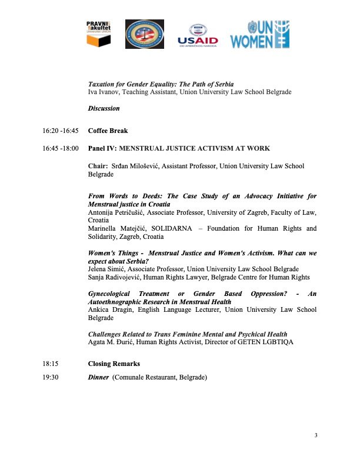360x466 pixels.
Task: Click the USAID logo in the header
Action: (x=198, y=35)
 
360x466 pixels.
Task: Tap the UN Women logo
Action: (x=259, y=34)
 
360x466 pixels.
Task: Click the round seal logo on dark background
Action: (x=145, y=34)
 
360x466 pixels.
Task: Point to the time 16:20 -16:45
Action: (x=61, y=131)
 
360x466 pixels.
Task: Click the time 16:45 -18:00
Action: (x=61, y=148)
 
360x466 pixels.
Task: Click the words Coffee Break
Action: (x=108, y=131)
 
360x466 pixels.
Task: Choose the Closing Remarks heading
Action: (x=115, y=364)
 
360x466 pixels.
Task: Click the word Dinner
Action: (x=98, y=377)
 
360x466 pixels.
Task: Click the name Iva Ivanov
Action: (x=104, y=92)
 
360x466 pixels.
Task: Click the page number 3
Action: (x=316, y=435)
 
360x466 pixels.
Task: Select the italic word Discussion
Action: (x=104, y=108)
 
